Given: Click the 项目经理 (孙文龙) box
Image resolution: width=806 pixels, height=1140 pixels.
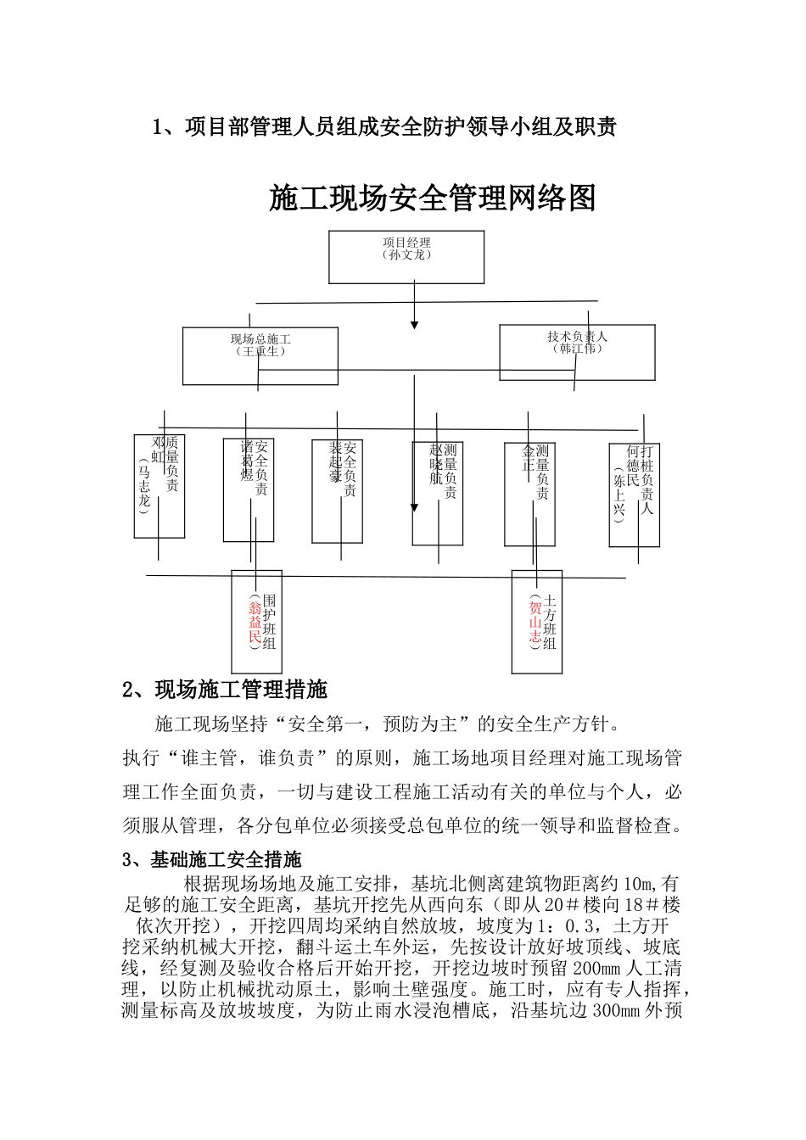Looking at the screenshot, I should (x=406, y=256).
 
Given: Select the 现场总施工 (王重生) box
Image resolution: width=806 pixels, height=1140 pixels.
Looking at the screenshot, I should (x=260, y=356).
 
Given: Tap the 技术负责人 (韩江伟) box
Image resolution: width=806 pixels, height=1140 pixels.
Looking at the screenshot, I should (x=577, y=352).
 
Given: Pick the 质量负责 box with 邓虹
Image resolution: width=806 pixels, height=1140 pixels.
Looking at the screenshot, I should (x=160, y=486).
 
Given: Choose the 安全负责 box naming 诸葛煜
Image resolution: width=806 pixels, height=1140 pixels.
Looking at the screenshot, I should (x=249, y=489).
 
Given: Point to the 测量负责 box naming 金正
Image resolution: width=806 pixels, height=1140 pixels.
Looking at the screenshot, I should (x=530, y=493).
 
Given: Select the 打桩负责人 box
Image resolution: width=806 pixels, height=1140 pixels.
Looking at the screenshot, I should (x=635, y=495).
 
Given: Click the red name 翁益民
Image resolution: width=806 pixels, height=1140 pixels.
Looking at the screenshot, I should (x=255, y=622).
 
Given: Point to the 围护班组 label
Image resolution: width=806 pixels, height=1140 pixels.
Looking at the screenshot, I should (x=270, y=622).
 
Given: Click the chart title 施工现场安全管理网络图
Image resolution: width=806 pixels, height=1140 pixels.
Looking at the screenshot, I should (x=433, y=198).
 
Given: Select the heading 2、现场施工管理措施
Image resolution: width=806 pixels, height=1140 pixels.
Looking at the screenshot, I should (x=226, y=690).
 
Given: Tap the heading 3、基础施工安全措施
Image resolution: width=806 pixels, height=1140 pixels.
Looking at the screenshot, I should (x=212, y=859).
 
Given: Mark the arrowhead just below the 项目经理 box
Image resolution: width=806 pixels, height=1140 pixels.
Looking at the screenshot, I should (x=415, y=324).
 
